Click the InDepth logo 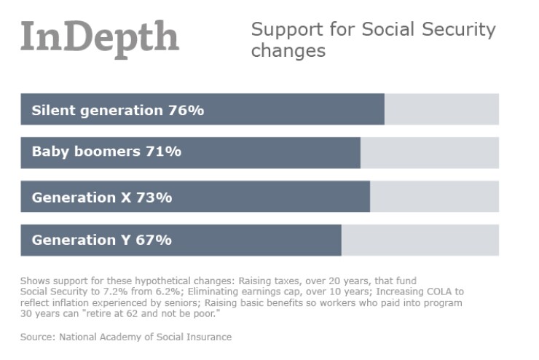[100, 36]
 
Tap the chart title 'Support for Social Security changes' [373, 40]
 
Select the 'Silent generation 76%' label [117, 110]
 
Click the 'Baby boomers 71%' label [106, 152]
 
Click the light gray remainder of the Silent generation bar [441, 109]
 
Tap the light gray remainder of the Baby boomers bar [430, 153]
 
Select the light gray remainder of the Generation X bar [434, 197]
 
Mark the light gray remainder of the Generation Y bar [420, 240]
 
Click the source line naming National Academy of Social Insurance [126, 337]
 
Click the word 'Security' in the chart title [458, 30]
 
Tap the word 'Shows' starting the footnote [34, 280]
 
